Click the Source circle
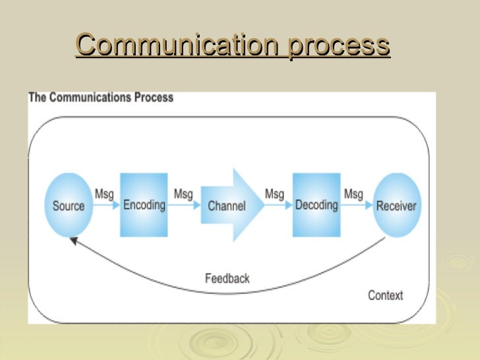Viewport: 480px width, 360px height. (x=69, y=205)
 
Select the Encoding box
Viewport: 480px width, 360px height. (x=144, y=204)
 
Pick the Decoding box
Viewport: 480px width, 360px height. (x=316, y=204)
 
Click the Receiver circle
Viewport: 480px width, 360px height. (x=396, y=205)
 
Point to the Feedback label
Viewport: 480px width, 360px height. (x=227, y=278)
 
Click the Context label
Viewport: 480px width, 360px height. (x=385, y=295)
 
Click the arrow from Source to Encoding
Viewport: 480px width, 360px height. (x=106, y=206)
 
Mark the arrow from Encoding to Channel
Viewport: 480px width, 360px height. (x=185, y=206)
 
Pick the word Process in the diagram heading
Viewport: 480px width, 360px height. (x=156, y=98)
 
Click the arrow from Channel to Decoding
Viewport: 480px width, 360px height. (x=278, y=206)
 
